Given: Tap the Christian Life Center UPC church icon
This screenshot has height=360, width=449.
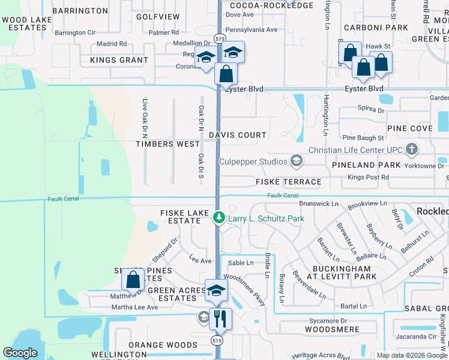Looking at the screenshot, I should tap(412, 149).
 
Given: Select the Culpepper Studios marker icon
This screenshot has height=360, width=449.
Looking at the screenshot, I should tap(295, 160).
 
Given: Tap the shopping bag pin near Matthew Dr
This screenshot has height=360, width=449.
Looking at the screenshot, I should tap(133, 280).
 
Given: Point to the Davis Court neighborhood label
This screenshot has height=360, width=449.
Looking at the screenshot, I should tap(237, 136).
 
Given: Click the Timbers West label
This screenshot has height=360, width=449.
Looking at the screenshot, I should tap(167, 145).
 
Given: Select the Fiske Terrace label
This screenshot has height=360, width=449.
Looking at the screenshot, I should tap(288, 182).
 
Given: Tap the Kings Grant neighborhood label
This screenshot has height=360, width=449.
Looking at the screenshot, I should tap(119, 61).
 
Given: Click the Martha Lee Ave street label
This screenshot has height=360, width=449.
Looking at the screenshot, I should tap(134, 307).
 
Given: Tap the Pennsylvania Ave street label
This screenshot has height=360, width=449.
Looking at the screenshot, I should tap(251, 29).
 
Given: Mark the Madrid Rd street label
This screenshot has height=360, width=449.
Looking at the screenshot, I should tap(112, 44).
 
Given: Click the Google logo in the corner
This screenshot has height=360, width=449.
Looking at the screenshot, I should tap(20, 353).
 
